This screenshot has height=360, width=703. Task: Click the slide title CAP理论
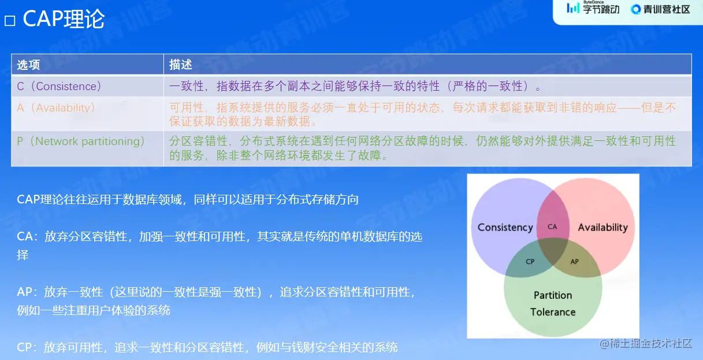[x=64, y=20]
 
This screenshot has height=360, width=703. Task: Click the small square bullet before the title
[x=9, y=21]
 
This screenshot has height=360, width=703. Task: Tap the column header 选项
[x=28, y=64]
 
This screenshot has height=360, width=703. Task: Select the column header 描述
[x=180, y=64]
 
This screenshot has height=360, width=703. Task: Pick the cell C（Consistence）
[x=59, y=86]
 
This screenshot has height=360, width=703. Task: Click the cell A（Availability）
[x=56, y=108]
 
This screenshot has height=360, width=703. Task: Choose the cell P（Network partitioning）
[x=80, y=142]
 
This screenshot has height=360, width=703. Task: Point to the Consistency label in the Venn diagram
[x=505, y=227]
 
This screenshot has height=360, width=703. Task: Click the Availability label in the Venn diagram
[x=602, y=227]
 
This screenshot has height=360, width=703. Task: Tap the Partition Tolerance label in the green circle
[x=553, y=303]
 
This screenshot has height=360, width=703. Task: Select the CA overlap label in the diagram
[x=552, y=227]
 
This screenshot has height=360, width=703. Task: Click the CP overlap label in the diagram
[x=530, y=261]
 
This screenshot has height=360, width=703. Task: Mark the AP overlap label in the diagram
[x=574, y=261]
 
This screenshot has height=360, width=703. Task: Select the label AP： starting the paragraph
[x=28, y=292]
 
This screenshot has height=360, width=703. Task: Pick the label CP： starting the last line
[x=28, y=347]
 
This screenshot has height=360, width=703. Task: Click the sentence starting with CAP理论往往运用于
[x=188, y=199]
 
